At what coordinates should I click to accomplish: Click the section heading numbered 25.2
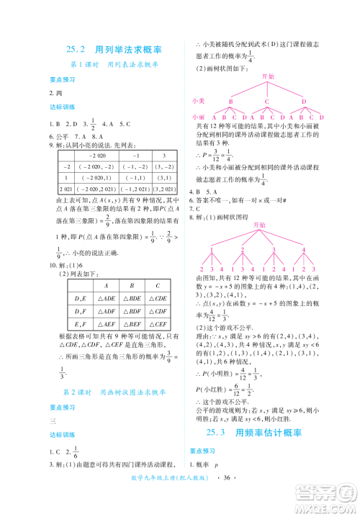pyautogui.click(x=114, y=50)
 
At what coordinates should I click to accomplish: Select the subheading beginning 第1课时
pyautogui.click(x=114, y=64)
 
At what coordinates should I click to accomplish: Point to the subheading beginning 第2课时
pyautogui.click(x=114, y=390)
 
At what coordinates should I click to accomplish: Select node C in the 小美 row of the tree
pyautogui.click(x=266, y=101)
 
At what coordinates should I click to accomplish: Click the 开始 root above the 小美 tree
pyautogui.click(x=268, y=76)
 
